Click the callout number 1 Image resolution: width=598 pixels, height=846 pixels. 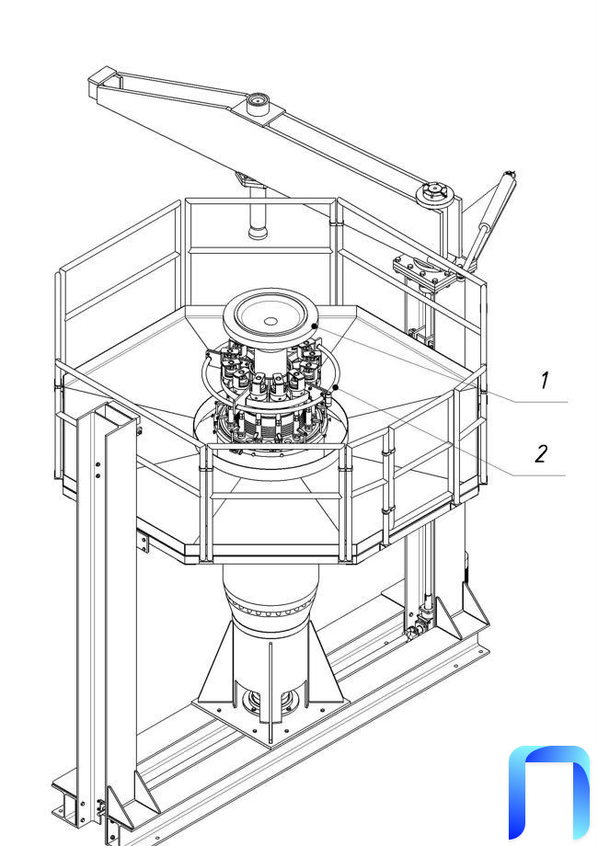pyautogui.click(x=545, y=381)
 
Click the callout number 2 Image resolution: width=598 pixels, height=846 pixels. pyautogui.click(x=541, y=453)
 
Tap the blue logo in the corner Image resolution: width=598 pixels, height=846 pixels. pyautogui.click(x=548, y=793)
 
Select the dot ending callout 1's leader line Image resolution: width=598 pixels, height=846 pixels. pyautogui.click(x=314, y=326)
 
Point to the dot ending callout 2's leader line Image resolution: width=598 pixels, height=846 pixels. pyautogui.click(x=336, y=387)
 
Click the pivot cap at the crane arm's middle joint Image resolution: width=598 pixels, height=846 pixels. pyautogui.click(x=258, y=100)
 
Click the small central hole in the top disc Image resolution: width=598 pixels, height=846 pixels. pyautogui.click(x=270, y=322)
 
